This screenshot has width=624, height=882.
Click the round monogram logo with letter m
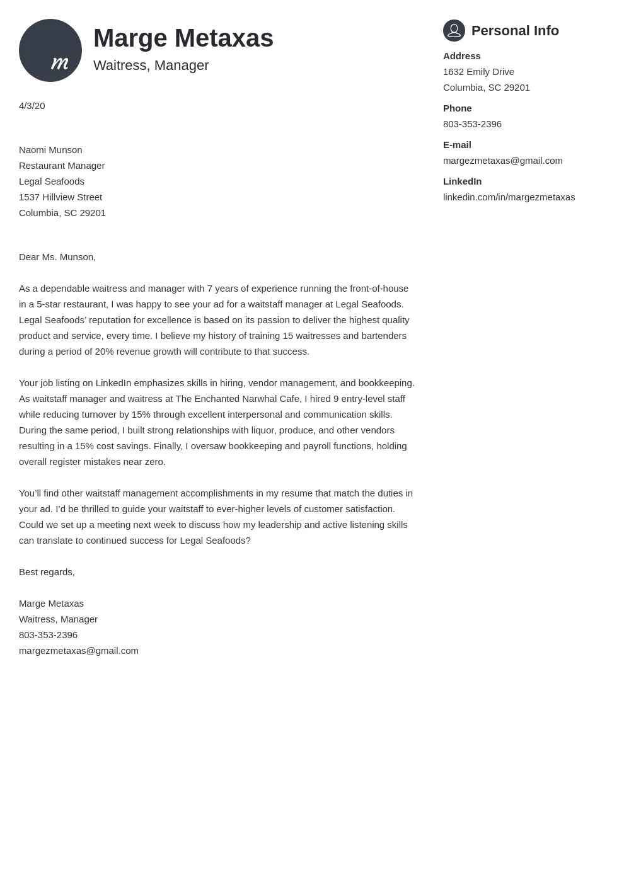[50, 50]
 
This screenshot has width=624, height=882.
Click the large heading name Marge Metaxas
[183, 38]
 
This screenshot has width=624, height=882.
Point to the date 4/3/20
[32, 106]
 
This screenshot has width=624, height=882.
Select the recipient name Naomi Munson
[50, 150]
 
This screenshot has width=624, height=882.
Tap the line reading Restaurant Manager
[62, 166]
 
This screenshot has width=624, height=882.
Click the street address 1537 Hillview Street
[61, 197]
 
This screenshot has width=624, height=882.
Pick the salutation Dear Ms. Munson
[57, 257]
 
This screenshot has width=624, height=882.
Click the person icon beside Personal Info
[454, 30]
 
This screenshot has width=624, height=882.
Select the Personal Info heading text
[515, 31]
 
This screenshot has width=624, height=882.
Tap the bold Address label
[461, 56]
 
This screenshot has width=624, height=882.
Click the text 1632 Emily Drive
[478, 72]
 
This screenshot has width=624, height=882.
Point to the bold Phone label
[457, 108]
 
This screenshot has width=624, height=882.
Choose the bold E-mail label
[457, 145]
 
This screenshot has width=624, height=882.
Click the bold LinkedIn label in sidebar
[462, 181]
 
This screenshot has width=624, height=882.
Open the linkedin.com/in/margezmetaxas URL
[509, 197]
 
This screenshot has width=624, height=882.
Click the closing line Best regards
[47, 572]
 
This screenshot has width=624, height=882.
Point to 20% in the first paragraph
[104, 352]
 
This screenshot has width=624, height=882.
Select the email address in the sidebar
[502, 161]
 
